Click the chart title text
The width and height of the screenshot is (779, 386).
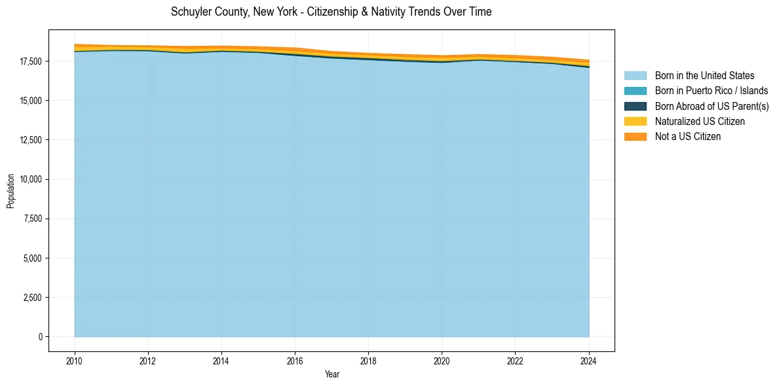coord(331,12)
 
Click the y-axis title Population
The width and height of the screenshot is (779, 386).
coord(10,191)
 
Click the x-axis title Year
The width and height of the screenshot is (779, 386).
coord(332,374)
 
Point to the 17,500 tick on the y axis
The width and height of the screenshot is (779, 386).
coord(31,61)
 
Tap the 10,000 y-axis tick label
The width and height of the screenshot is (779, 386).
coord(31,179)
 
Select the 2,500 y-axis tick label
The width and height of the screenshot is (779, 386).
coord(33,298)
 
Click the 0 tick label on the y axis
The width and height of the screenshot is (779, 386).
coord(40,337)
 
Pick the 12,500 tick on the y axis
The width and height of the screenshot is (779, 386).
coord(31,140)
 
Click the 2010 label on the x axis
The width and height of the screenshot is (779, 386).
coord(75,360)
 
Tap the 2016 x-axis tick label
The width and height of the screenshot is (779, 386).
coord(295,360)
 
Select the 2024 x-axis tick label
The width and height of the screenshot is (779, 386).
coord(588,360)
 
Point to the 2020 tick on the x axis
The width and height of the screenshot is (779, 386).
coord(442,360)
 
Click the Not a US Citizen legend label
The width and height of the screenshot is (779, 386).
coord(688,137)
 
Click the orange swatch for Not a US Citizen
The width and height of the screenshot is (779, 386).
coord(635,137)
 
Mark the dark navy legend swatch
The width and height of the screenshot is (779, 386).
coord(635,107)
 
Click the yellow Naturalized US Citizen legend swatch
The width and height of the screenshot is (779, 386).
coord(635,122)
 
